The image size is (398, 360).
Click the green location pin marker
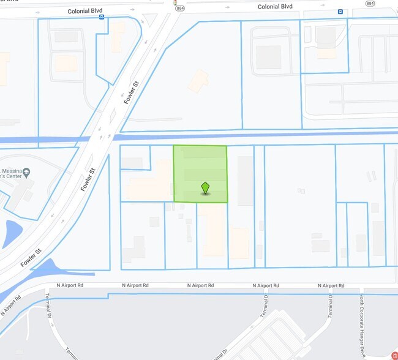(206, 188)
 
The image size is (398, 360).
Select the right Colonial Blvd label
(275, 7)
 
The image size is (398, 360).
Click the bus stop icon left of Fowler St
(102, 17)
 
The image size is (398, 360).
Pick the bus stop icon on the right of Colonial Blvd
(340, 12)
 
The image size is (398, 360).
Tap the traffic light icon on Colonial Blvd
(175, 3)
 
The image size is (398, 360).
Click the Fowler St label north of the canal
(132, 91)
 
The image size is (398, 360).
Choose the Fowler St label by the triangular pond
(30, 257)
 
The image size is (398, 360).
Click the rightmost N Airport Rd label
(331, 286)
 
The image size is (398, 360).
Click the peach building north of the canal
(198, 81)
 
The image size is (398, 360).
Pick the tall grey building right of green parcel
(245, 180)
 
